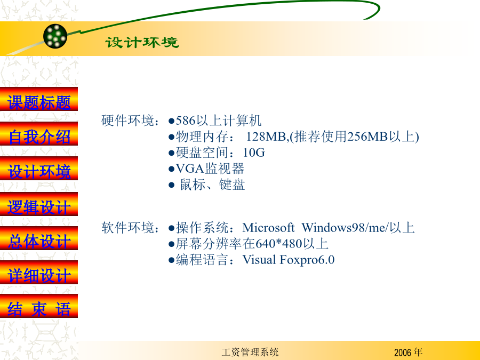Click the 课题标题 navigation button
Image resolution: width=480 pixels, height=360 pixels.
pyautogui.click(x=39, y=99)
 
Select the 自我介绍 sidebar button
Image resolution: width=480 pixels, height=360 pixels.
pyautogui.click(x=39, y=134)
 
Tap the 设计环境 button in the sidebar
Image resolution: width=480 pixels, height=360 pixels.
pyautogui.click(x=39, y=169)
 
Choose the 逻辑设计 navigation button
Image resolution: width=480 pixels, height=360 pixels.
pyautogui.click(x=39, y=204)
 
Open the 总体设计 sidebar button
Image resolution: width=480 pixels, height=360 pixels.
pyautogui.click(x=39, y=238)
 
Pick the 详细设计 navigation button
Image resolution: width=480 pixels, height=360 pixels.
pyautogui.click(x=39, y=273)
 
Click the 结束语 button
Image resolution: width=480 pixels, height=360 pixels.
pyautogui.click(x=39, y=306)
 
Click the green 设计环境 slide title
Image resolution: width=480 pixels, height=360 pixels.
pyautogui.click(x=142, y=42)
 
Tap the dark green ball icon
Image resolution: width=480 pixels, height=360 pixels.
pyautogui.click(x=55, y=36)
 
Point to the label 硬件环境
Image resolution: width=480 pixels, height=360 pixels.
pyautogui.click(x=127, y=121)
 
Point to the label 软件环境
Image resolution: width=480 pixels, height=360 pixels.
pyautogui.click(x=127, y=228)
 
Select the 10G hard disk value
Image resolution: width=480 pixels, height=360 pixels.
pyautogui.click(x=254, y=153)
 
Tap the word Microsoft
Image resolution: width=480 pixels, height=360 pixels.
pyautogui.click(x=268, y=228)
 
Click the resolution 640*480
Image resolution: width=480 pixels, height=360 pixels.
pyautogui.click(x=279, y=244)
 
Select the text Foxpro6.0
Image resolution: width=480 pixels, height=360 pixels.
pyautogui.click(x=307, y=260)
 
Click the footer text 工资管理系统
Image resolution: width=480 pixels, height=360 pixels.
pyautogui.click(x=250, y=352)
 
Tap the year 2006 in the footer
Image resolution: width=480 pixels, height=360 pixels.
pyautogui.click(x=402, y=353)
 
